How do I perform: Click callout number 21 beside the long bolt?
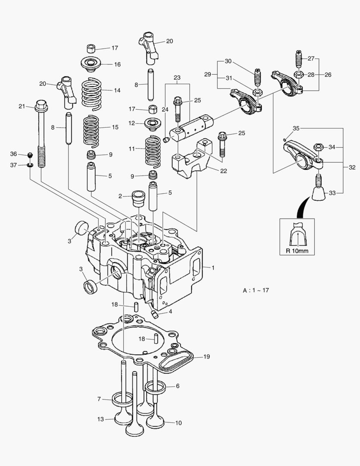[x=22, y=106]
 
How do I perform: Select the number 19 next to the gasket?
[x=207, y=357]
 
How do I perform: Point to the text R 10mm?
[x=297, y=250]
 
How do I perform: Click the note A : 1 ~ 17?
[x=256, y=290]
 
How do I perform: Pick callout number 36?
[x=13, y=154]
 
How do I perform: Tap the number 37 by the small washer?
[x=13, y=165]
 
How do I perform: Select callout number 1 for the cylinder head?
[x=212, y=268]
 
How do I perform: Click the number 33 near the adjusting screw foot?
[x=332, y=193]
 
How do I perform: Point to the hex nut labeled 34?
[x=319, y=148]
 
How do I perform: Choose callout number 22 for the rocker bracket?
[x=223, y=171]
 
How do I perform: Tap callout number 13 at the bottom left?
[x=100, y=419]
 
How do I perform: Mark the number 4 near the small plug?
[x=171, y=311]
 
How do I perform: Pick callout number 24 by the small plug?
[x=166, y=110]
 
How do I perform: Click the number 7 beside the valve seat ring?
[x=99, y=400]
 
